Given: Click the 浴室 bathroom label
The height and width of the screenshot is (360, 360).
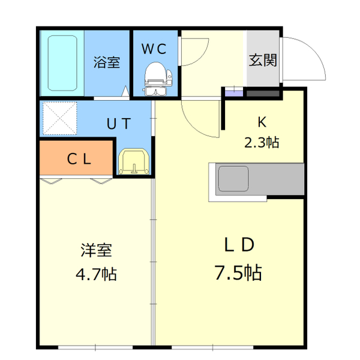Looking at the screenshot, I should coord(107,62).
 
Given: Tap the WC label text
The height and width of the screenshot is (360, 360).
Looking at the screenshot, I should coord(155,49).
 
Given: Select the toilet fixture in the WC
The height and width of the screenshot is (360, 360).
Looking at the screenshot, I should coord(157,78).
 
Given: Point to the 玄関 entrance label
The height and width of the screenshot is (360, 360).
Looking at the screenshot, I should coord(263,60).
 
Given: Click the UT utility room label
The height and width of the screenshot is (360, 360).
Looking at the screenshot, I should coord(119,124).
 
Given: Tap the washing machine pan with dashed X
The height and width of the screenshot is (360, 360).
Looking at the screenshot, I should coord(59,118).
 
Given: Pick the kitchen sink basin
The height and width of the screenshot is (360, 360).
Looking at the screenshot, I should coord(233,179).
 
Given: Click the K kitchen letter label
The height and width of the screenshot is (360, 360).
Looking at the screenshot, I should coord(262,122).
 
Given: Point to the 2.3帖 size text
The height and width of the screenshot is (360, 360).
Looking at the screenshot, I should coord(262,143).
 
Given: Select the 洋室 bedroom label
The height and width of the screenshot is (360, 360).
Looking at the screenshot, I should coord(96,250).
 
